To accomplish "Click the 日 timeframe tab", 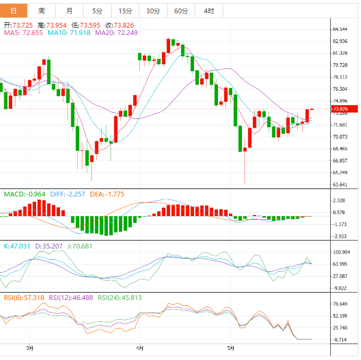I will [x=13, y=11].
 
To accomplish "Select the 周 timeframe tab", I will [x=41, y=11].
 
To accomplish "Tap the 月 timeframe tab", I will [x=70, y=11].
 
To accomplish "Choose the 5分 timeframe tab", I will [x=97, y=11].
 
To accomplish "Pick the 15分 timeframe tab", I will [x=125, y=11].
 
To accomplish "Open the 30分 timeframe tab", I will [x=153, y=11].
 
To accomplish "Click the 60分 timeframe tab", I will [x=181, y=11].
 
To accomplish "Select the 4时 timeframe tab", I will [x=209, y=11].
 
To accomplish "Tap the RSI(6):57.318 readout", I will [x=24, y=298].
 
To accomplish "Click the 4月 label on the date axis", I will [x=139, y=348].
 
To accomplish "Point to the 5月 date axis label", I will [x=230, y=348].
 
